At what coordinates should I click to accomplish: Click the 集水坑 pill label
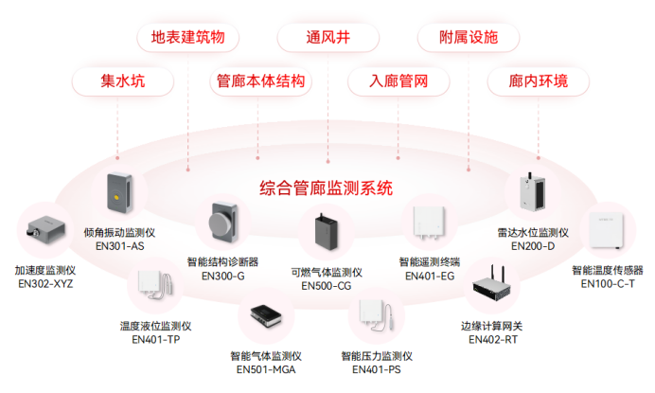(123, 81)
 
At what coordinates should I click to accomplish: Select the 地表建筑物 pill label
(187, 38)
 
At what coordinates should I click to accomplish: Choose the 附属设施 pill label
(468, 38)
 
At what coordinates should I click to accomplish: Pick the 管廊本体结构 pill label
(261, 81)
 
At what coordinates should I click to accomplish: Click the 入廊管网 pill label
(398, 81)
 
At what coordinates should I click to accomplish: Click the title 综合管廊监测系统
(326, 187)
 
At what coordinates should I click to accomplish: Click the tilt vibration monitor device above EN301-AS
(118, 192)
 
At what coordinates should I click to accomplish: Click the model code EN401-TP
(155, 339)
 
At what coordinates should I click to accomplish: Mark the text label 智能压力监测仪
(377, 356)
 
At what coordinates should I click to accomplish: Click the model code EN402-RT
(492, 339)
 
